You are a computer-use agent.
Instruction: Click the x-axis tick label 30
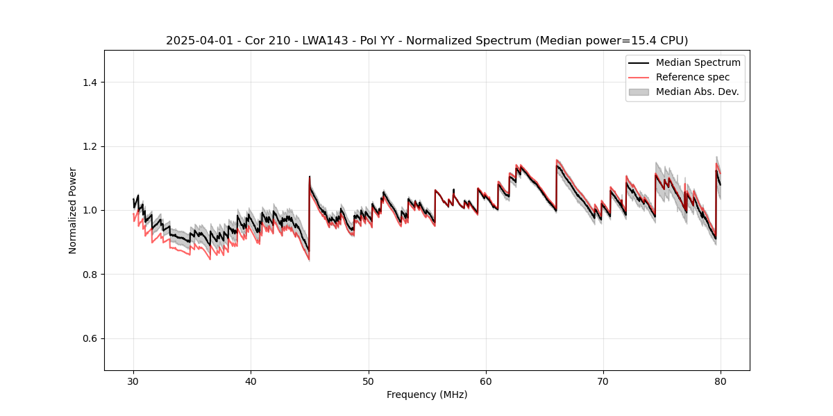[133, 381]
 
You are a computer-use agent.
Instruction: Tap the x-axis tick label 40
[251, 381]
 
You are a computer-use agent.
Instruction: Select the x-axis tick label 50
[368, 381]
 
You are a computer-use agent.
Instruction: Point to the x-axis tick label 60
[486, 381]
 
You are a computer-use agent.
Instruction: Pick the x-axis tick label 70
[603, 381]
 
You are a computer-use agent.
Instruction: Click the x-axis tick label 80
[721, 381]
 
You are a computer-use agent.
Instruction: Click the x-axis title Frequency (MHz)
[427, 395]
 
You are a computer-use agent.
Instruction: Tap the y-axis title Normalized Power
[73, 210]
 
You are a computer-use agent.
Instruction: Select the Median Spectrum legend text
[698, 62]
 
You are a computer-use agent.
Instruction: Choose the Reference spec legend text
[693, 77]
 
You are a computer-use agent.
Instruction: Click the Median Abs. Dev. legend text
[697, 92]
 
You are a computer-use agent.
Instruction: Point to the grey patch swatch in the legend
[639, 92]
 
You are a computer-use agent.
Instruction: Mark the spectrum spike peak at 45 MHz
[310, 177]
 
